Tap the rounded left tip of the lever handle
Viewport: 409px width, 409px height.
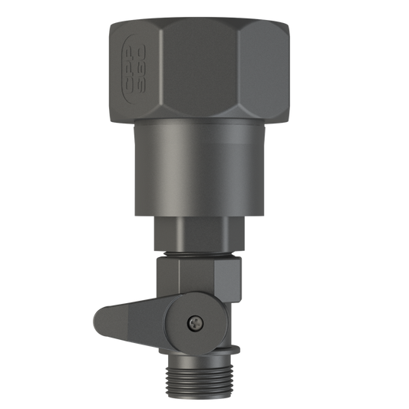(x=98, y=321)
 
